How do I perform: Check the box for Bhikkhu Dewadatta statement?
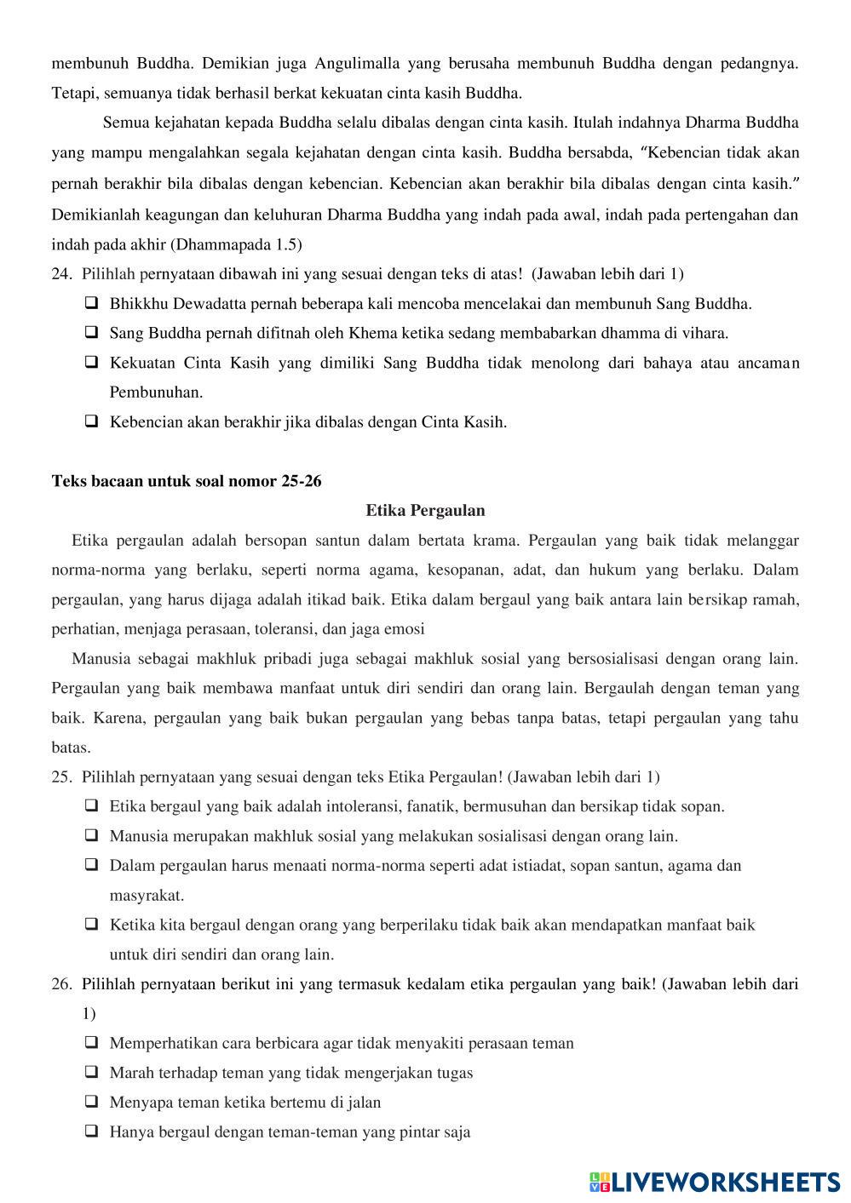coord(91,303)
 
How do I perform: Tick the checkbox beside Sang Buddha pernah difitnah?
coord(91,332)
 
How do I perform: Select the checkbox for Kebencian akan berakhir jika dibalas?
coord(91,421)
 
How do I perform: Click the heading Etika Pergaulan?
coord(425,511)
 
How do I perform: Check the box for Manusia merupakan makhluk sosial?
coord(91,835)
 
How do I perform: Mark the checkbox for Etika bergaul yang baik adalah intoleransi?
coord(91,805)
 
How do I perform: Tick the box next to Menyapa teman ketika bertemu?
coord(91,1102)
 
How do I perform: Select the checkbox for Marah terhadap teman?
coord(91,1072)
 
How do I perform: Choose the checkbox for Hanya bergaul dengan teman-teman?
coord(91,1131)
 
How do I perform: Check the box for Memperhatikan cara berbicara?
coord(91,1042)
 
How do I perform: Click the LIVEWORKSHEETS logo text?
coord(724,1182)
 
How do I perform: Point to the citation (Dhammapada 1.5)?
coord(236,244)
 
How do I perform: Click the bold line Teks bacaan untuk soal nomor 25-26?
coord(187,481)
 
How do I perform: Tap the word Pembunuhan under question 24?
coord(156,392)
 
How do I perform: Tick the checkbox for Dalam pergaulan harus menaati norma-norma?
coord(91,865)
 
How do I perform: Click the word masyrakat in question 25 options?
coord(147,895)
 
